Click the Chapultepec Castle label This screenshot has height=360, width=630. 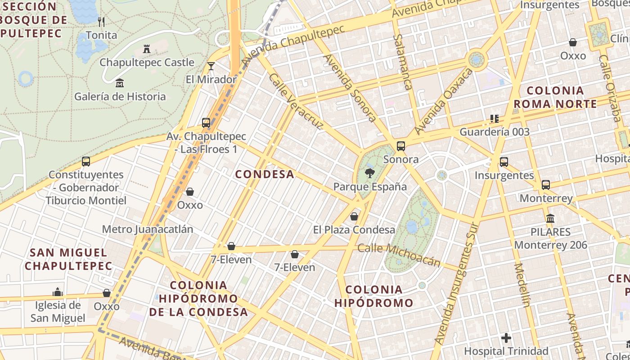point(147,63)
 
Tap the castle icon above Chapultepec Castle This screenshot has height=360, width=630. point(146,49)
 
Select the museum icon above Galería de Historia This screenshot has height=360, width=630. point(120,83)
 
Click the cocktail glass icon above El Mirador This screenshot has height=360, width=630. point(211,67)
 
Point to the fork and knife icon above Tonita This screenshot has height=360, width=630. point(101,22)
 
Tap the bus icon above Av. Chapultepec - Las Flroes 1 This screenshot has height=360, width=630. point(206,122)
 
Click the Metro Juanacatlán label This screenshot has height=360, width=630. point(148,229)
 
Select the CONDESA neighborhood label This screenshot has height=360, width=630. point(265,174)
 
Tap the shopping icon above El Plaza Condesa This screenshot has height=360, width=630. point(354,216)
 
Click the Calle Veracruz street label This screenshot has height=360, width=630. point(296,101)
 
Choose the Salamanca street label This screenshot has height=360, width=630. point(403,62)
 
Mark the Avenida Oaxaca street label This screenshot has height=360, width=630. point(444,101)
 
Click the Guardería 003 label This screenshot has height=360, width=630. point(495,132)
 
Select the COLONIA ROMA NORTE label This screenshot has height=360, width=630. point(555,97)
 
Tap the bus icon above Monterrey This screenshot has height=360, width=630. point(546,184)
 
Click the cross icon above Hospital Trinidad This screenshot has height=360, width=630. point(506,337)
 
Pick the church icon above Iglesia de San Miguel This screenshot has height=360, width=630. point(57,292)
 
